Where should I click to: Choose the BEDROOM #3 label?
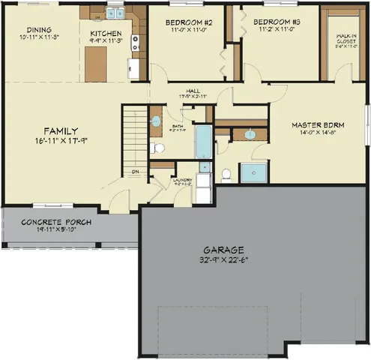[x=277, y=22]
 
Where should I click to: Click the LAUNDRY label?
[x=183, y=179]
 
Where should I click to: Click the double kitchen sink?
[x=115, y=12]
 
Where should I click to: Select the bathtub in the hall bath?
[x=204, y=142]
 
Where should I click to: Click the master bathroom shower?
[x=252, y=172]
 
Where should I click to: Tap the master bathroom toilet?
[x=226, y=174]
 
